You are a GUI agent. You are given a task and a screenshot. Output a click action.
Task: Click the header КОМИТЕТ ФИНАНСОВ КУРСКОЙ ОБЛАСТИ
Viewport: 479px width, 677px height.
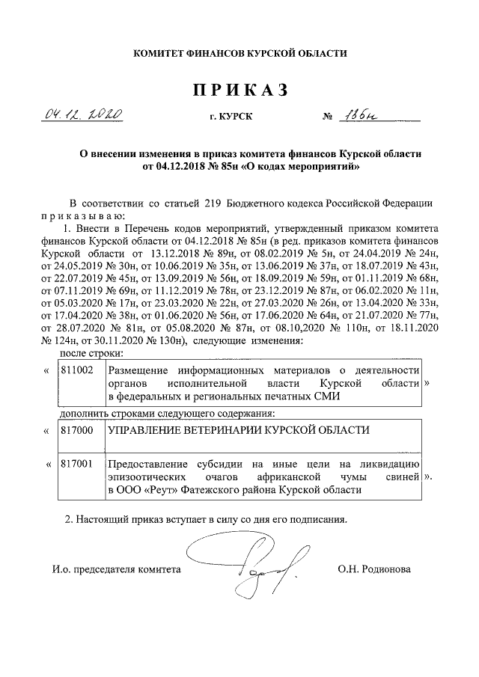coord(239,54)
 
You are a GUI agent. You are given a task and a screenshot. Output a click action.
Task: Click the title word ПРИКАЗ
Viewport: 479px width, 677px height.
coord(239,91)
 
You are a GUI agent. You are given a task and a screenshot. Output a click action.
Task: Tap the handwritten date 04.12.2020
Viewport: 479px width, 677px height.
coord(84,115)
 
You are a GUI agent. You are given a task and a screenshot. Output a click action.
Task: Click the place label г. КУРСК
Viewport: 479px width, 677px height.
coord(231,117)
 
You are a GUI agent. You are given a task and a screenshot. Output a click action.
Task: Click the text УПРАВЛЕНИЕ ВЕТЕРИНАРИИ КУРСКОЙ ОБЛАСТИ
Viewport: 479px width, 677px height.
coord(239,430)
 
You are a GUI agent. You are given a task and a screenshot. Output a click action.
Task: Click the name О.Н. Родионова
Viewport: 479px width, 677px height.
coord(374,569)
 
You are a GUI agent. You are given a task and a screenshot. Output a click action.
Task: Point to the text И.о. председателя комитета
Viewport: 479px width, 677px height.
coord(116,569)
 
